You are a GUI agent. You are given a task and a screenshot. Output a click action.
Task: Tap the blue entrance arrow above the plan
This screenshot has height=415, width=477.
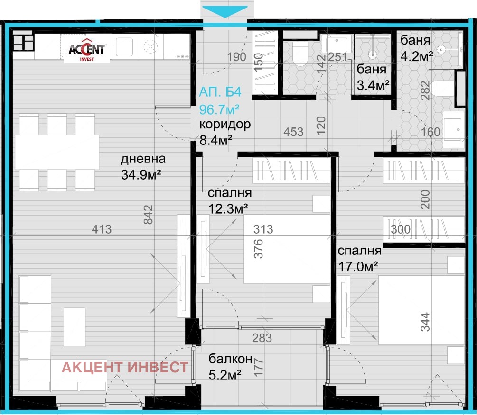[225, 11]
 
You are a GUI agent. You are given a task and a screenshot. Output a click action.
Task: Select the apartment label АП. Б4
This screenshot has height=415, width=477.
[220, 92]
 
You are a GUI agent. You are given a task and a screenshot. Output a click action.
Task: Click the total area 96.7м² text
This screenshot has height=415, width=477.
[219, 109]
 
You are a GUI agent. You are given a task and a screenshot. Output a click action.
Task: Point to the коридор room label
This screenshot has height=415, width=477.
[225, 125]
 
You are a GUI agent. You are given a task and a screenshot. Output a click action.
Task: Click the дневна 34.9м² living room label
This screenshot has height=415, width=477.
[143, 167]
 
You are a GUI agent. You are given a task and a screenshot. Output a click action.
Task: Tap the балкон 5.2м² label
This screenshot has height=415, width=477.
[230, 367]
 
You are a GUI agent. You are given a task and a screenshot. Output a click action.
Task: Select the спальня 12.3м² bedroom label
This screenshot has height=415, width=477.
[230, 201]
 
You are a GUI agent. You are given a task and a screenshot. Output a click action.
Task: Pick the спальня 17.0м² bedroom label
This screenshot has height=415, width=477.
[359, 259]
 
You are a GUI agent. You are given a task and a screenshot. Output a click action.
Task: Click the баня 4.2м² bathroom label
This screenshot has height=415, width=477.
[416, 48]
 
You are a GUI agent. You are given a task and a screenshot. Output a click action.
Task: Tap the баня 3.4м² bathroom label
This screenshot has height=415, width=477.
[373, 77]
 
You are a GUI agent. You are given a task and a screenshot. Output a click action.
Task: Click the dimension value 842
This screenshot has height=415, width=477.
[148, 215]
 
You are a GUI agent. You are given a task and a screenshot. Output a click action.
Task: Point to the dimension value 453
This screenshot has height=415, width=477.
[293, 132]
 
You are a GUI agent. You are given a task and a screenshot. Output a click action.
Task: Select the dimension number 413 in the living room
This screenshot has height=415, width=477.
[102, 229]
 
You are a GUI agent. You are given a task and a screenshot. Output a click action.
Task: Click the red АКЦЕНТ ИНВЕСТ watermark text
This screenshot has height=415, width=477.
[125, 367]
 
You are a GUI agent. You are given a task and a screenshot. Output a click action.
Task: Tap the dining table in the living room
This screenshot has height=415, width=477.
[57, 152]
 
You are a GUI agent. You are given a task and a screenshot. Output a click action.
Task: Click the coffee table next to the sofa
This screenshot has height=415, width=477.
[75, 327]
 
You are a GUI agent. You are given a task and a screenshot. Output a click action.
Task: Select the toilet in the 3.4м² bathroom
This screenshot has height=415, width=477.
[300, 54]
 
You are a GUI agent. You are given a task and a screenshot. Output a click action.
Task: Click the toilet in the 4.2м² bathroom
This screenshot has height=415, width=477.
[443, 88]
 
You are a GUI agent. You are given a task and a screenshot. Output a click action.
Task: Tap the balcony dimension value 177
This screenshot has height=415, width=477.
[258, 367]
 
